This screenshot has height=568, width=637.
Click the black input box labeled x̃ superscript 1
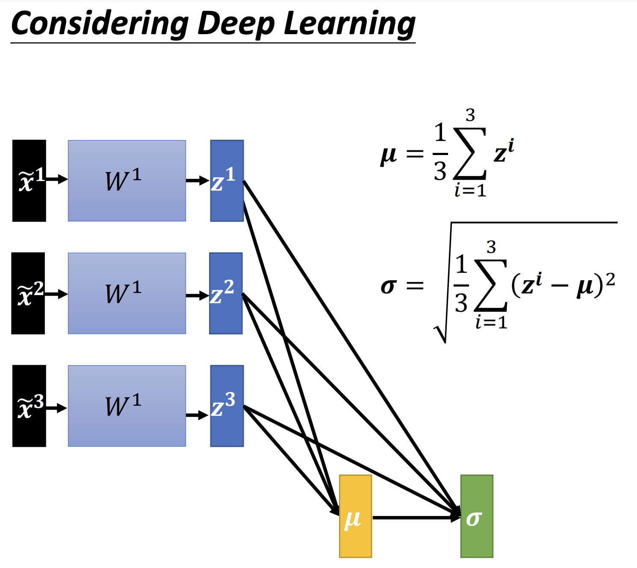coord(29,181)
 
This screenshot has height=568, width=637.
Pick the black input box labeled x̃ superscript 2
coord(28,293)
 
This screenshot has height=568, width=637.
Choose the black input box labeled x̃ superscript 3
coord(29,406)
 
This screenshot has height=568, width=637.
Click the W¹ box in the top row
coord(127,181)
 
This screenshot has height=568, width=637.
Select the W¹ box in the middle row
coord(127,293)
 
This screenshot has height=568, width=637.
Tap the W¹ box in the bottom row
coord(127,406)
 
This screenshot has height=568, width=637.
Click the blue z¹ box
coord(227,181)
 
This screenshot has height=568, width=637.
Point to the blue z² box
coord(226,293)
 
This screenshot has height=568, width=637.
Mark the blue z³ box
coord(227,406)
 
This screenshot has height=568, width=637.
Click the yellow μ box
coord(355,516)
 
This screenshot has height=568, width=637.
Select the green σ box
coord(477,516)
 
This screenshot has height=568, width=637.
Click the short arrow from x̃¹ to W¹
coord(57,179)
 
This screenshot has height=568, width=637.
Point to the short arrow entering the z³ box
coord(197,416)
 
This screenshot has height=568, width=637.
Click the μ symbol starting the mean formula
coord(389,155)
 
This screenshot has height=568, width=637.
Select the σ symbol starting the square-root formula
coord(388,286)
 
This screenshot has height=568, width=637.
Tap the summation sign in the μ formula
coord(469,153)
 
